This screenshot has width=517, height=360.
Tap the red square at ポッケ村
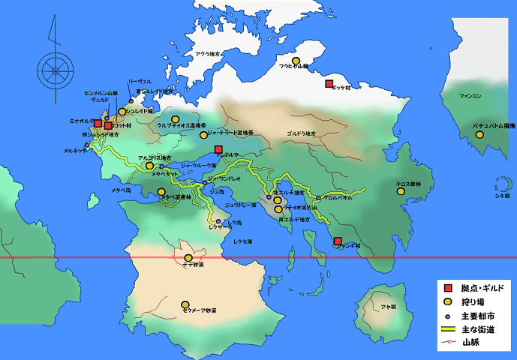tap(329, 84)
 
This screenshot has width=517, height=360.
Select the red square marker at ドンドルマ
tap(218, 149)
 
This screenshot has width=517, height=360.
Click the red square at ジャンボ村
tap(338, 241)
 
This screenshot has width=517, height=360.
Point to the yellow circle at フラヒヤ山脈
tap(296, 61)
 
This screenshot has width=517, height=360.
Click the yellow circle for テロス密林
tap(401, 191)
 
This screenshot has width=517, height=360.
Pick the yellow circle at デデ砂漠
tap(188, 259)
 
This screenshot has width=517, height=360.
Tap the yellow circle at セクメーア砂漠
tap(185, 304)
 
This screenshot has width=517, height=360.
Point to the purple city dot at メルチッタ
tap(87, 145)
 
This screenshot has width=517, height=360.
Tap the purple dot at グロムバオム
tap(318, 198)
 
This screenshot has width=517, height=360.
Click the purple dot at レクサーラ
tap(218, 221)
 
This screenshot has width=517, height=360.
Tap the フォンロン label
tap(470, 96)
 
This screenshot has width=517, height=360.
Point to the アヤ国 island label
tap(388, 306)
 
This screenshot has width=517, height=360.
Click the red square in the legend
tap(448, 289)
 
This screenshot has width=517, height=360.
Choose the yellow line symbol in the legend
tap(448, 329)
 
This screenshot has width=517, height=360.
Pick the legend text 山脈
tap(470, 343)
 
